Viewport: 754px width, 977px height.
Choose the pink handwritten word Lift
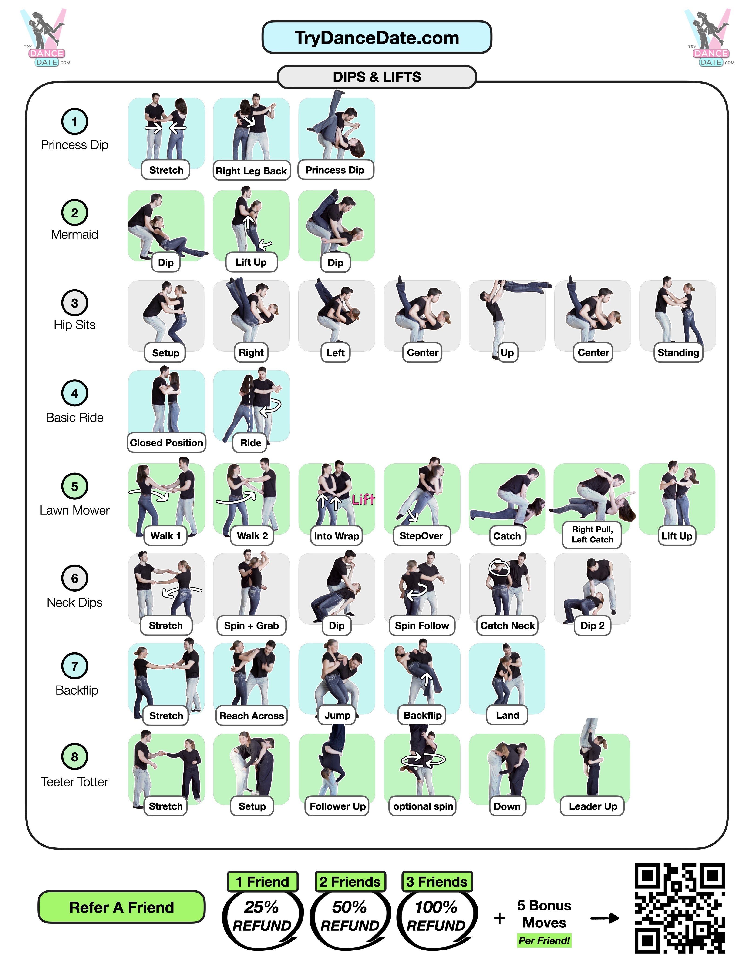363,499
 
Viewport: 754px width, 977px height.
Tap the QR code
679,908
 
